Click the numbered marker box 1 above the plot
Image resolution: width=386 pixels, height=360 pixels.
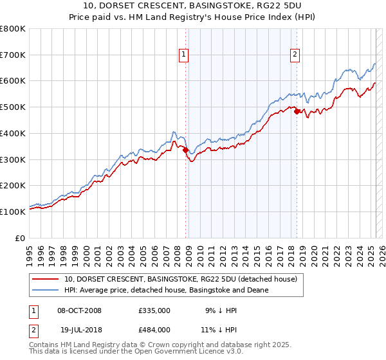click(x=184, y=55)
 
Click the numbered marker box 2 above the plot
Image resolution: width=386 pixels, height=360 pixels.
click(x=295, y=55)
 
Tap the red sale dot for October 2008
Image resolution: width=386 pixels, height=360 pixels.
click(x=185, y=150)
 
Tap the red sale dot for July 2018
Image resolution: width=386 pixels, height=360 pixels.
click(x=297, y=111)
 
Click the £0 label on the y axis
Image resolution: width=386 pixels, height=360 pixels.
click(x=21, y=238)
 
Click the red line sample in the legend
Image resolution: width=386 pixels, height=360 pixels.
click(x=46, y=279)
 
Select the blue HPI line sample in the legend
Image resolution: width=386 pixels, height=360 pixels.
click(x=46, y=291)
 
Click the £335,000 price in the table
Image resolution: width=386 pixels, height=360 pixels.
click(x=154, y=310)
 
